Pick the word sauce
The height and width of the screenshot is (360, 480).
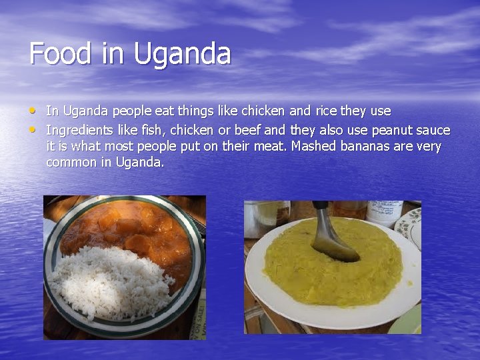pos(433,129)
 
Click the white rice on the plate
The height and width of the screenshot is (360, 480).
pos(107,280)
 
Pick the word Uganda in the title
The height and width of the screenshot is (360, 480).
pos(182,53)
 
